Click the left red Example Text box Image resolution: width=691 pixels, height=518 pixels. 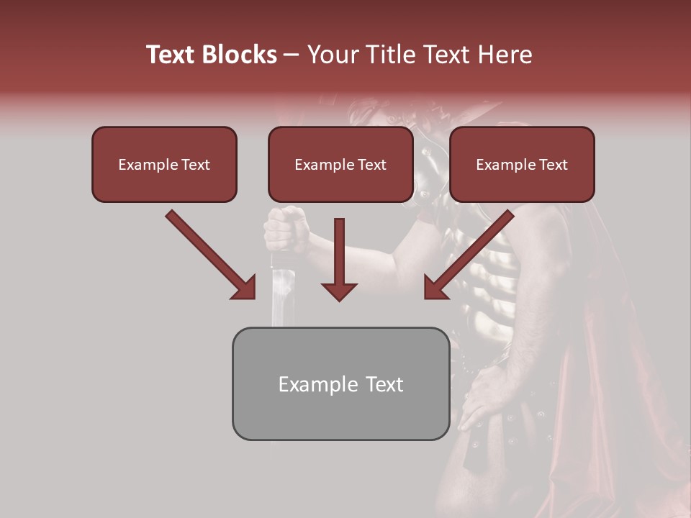pyautogui.click(x=164, y=165)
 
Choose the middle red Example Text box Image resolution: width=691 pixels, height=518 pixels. pyautogui.click(x=340, y=165)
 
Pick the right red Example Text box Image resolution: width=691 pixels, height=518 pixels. pyautogui.click(x=522, y=165)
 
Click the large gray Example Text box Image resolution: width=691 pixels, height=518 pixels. pyautogui.click(x=340, y=383)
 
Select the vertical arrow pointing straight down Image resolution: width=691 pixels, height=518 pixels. pyautogui.click(x=339, y=259)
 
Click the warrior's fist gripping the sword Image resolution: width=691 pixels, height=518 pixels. pyautogui.click(x=286, y=229)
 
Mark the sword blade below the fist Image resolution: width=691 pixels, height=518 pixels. pyautogui.click(x=281, y=295)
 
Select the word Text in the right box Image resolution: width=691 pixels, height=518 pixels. pyautogui.click(x=552, y=165)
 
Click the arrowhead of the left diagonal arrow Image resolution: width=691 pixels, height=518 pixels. pyautogui.click(x=244, y=287)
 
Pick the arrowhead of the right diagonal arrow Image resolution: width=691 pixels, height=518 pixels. pyautogui.click(x=435, y=287)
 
